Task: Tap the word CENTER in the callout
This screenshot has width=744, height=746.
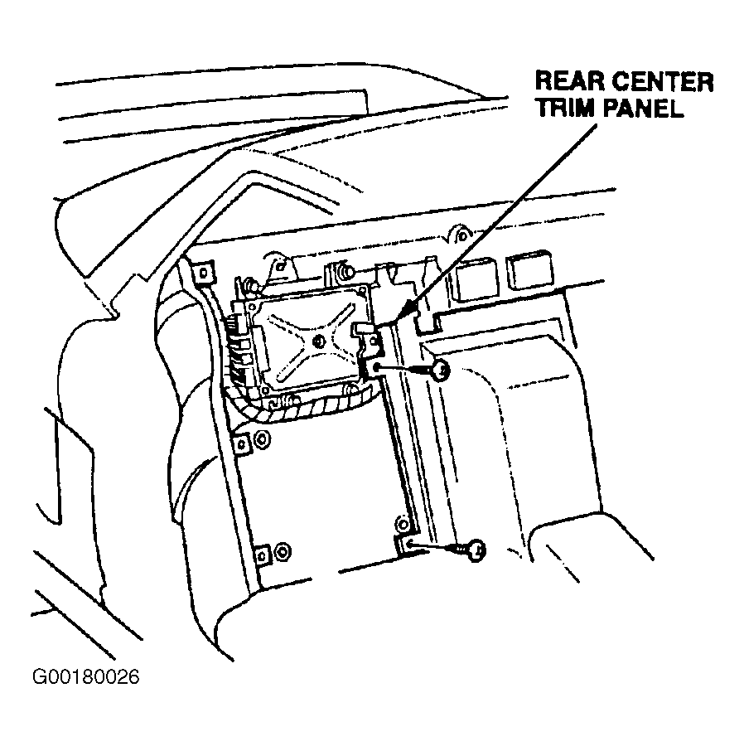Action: coord(663,82)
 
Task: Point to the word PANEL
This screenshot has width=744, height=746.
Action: coord(642,108)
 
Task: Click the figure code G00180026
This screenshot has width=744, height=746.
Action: coord(85,676)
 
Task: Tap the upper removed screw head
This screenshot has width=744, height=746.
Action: coord(442,370)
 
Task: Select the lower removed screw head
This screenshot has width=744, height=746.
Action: coord(476,550)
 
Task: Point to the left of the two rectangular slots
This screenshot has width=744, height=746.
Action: coord(476,280)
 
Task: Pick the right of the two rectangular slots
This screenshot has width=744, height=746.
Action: coord(529,271)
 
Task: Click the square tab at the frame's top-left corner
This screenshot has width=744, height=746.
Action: coord(203,273)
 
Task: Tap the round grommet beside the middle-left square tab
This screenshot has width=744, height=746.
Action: coord(261,439)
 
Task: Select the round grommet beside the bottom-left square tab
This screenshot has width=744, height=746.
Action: coord(283,552)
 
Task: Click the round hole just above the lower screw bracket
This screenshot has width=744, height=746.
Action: coord(402,524)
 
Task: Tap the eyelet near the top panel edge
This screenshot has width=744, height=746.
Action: coord(460,235)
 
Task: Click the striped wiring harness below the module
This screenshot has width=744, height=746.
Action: coord(299,404)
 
